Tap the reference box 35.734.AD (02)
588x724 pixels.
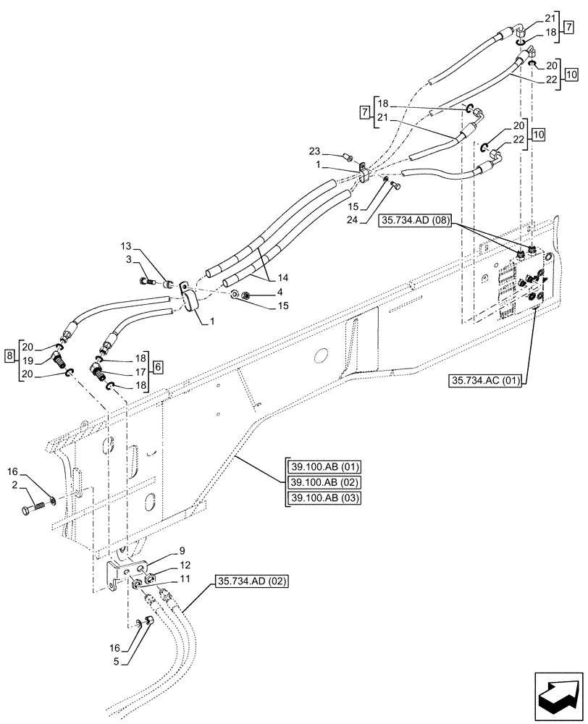252,581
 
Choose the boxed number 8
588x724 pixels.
9,355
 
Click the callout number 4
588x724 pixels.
259,292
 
